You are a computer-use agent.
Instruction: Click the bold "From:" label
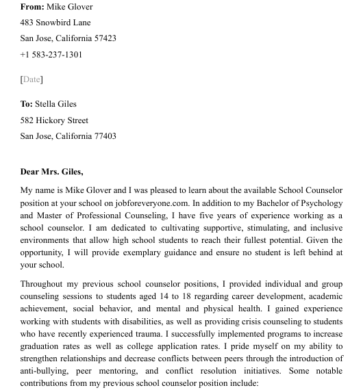point(32,7)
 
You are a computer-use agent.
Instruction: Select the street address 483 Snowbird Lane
point(55,23)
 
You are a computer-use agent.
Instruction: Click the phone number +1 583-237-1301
point(51,55)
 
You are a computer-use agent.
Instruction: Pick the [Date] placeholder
point(32,79)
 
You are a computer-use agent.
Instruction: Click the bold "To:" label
point(27,104)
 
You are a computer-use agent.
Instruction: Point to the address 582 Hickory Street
point(54,120)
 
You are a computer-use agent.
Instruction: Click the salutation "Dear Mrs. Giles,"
point(51,172)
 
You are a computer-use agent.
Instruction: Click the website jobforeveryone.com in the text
point(152,203)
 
